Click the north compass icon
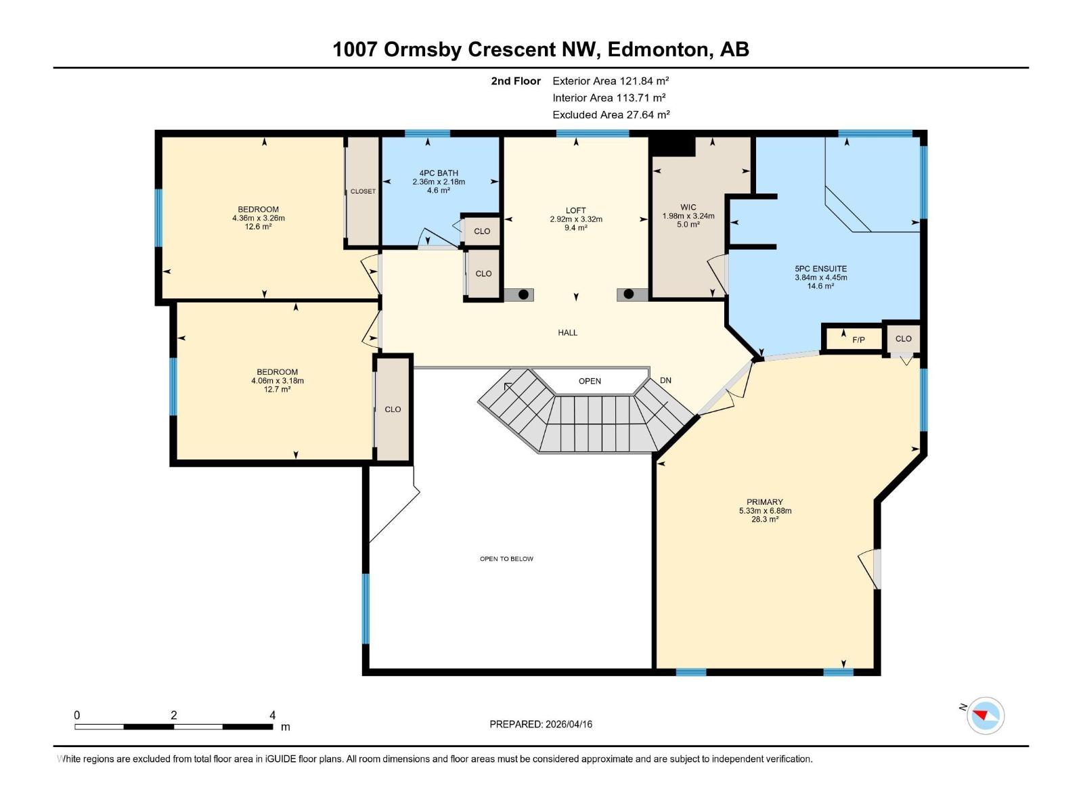point(985,715)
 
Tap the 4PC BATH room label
point(439,173)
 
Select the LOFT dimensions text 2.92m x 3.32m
point(576,219)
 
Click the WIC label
point(688,208)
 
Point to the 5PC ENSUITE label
point(820,269)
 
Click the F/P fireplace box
point(858,340)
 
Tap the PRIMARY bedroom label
point(765,502)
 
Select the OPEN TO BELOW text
point(506,559)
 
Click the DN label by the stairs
point(665,380)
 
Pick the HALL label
point(567,332)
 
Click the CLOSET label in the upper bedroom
point(363,191)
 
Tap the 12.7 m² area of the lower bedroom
point(278,389)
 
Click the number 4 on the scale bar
point(272,715)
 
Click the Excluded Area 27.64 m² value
point(648,115)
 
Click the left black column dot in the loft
point(523,294)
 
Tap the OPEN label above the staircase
point(590,381)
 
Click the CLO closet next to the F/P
point(903,338)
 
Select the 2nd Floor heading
point(516,81)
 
